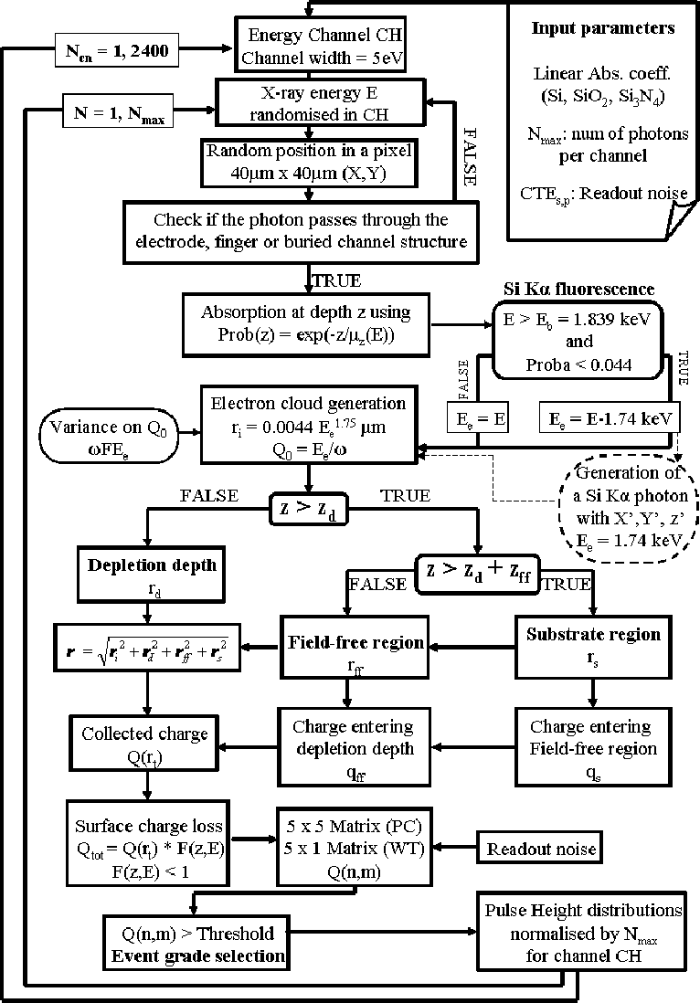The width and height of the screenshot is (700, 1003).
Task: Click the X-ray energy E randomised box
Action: [320, 103]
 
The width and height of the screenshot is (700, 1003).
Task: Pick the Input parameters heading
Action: [603, 27]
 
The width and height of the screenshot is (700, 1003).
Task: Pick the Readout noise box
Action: [541, 849]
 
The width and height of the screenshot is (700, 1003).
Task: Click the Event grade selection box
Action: [196, 945]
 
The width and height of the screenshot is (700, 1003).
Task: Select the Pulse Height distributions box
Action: [582, 932]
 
